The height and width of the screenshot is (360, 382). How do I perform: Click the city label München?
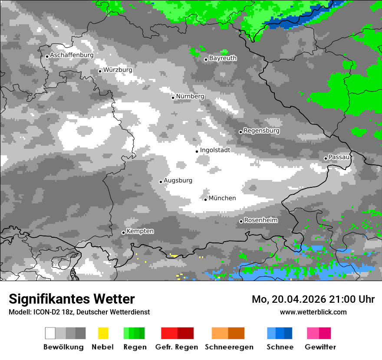[x=222, y=198]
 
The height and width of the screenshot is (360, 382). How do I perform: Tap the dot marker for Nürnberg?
[x=173, y=98]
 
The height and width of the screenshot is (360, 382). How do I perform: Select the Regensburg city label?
[x=261, y=131]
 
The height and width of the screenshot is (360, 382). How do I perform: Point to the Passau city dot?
[x=326, y=158]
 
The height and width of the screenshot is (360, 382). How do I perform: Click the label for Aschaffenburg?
[x=72, y=55]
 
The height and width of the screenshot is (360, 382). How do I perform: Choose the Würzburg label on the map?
[x=118, y=70]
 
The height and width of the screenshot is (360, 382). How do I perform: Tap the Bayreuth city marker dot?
[x=206, y=60]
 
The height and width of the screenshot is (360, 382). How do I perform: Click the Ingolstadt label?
[x=215, y=150]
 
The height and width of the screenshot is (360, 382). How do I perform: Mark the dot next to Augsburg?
[x=161, y=182]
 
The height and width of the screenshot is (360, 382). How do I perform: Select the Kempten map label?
[x=140, y=231]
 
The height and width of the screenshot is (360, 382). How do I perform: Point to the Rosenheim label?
[x=260, y=220]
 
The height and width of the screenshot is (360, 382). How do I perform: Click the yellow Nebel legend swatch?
[x=103, y=333]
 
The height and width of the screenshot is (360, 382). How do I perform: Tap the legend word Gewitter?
[x=320, y=347]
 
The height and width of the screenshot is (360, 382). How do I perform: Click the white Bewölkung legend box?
[x=50, y=333]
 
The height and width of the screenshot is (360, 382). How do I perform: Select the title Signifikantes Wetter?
[x=72, y=299]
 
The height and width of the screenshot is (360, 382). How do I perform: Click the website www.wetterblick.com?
[x=313, y=312]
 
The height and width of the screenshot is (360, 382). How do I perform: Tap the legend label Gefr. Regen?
[x=177, y=347]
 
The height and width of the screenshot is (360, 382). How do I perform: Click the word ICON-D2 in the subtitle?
[x=44, y=312]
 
